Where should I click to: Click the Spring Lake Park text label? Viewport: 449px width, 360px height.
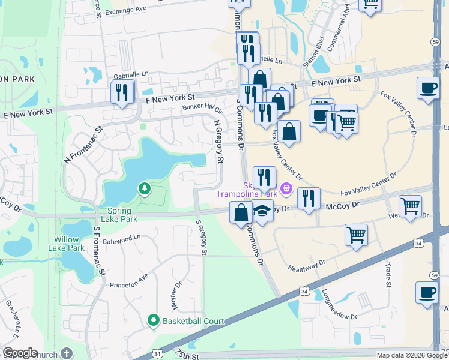123,215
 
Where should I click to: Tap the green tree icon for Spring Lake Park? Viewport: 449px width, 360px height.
144,189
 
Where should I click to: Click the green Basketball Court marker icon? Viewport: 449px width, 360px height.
154,321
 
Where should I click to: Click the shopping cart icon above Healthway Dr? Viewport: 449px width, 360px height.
356,235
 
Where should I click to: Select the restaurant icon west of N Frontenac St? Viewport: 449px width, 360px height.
122,92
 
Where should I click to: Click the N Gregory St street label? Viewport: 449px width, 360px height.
218,141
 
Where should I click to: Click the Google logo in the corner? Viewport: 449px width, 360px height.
20,353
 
